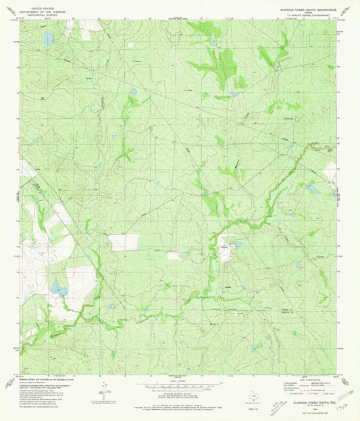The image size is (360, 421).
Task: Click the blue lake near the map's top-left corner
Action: [48, 39]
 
